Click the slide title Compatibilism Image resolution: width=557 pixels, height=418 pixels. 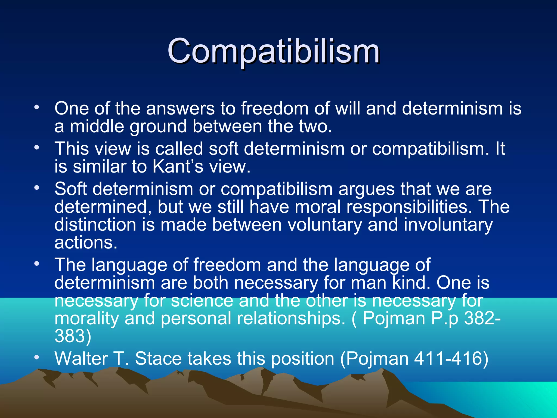click(x=273, y=51)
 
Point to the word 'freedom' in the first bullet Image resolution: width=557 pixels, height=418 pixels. click(x=275, y=108)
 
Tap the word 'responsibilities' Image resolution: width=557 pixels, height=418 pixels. click(x=409, y=207)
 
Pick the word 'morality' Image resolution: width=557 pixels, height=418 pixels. click(x=86, y=318)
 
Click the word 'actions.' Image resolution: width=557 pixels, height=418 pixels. click(x=86, y=242)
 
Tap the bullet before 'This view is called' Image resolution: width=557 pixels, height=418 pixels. click(x=37, y=147)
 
